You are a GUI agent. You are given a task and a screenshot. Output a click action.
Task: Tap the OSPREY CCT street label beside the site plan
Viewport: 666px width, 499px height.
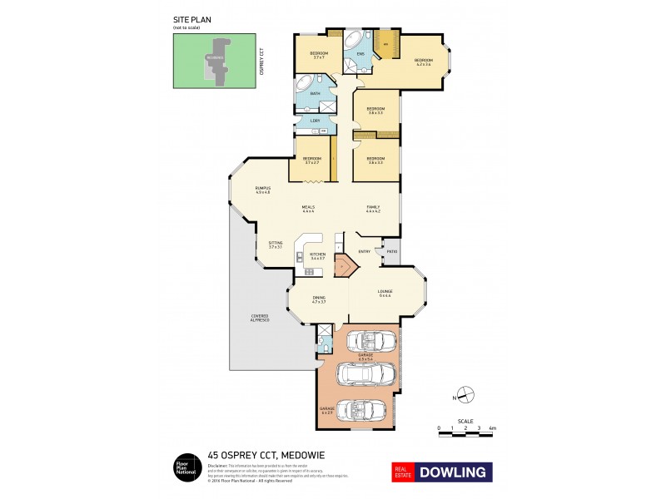[x=261, y=60]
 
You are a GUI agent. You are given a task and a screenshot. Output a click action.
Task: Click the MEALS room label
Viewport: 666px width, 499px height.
[x=308, y=208]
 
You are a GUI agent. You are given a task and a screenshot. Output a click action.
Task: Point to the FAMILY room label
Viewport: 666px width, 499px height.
[x=372, y=208]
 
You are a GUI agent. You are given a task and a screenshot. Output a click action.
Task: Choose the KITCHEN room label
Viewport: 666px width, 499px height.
[x=317, y=254]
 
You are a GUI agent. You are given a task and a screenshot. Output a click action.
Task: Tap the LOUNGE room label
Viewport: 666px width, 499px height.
[x=385, y=291]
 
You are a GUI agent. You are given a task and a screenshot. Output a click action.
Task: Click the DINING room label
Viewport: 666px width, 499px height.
[x=318, y=298]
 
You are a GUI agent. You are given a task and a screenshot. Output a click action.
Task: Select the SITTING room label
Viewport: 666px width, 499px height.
[x=276, y=243]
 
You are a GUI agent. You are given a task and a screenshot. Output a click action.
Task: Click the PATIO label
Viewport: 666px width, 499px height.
[x=391, y=251]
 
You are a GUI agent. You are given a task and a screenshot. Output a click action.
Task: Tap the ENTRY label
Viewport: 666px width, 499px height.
[x=364, y=251]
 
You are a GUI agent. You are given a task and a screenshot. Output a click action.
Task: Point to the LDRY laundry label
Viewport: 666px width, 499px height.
[x=315, y=121]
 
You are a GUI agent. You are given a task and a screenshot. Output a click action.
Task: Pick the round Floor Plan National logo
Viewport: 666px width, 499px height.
[x=184, y=468]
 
